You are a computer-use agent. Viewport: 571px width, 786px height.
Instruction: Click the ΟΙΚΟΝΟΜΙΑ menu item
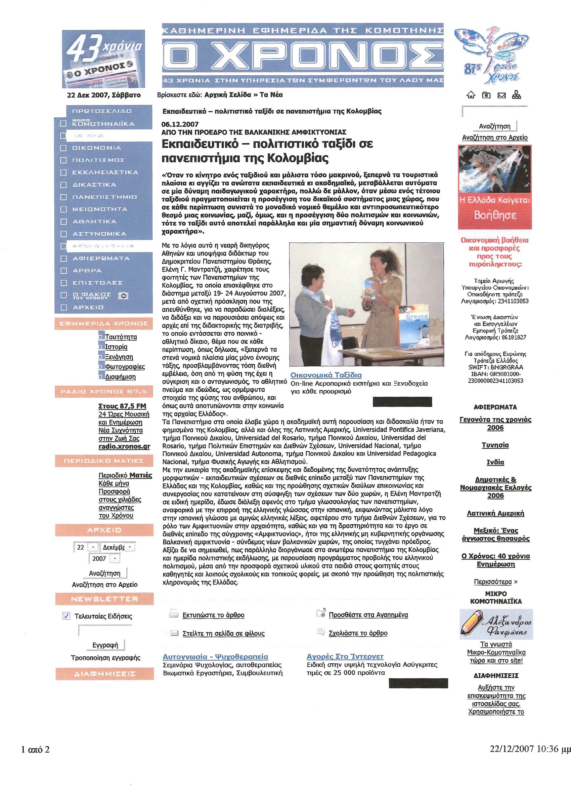(x=96, y=148)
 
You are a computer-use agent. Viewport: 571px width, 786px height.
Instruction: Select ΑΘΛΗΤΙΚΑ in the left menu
(x=94, y=222)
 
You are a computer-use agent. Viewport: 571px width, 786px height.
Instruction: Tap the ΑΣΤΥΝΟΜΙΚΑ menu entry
(x=99, y=234)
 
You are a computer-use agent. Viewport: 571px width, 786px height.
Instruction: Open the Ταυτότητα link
(x=121, y=337)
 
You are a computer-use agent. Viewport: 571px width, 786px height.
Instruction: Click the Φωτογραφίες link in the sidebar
(x=125, y=366)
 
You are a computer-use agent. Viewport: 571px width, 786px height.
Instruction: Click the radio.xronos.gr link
(x=124, y=446)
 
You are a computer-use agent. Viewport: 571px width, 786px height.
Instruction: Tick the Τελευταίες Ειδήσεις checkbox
(x=66, y=616)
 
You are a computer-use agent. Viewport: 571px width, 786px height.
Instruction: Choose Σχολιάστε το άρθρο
(x=358, y=633)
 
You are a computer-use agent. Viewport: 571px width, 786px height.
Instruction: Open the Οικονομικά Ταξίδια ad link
(x=326, y=375)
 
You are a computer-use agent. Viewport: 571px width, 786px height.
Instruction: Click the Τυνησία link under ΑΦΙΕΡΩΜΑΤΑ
(x=495, y=445)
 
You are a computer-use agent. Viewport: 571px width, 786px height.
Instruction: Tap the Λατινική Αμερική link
(x=495, y=513)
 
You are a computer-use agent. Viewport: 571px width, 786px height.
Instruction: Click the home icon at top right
(x=471, y=95)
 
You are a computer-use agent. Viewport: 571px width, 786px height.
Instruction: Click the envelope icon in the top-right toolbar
(x=502, y=95)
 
